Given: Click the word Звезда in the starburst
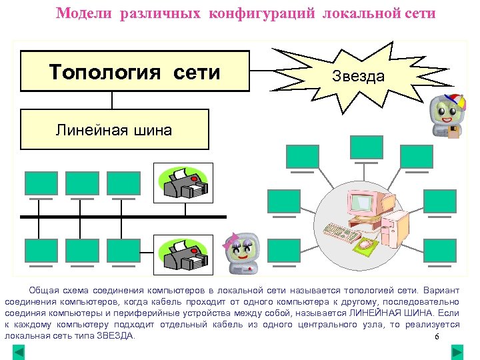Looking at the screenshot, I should [x=358, y=76].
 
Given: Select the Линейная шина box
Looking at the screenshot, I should [x=114, y=129].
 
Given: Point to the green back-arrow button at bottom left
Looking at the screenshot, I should [x=19, y=351].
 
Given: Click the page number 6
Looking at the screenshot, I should [x=437, y=337].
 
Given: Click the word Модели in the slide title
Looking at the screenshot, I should [x=85, y=13].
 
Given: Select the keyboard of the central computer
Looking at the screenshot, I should [x=342, y=231].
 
